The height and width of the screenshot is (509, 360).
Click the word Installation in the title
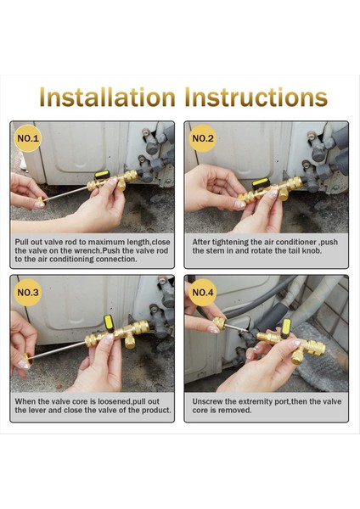click(x=107, y=97)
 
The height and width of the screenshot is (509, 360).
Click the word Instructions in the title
click(x=256, y=97)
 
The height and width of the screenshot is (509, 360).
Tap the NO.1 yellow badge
click(x=28, y=138)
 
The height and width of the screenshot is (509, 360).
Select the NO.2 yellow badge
click(x=203, y=138)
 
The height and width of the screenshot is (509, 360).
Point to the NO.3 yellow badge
click(x=28, y=292)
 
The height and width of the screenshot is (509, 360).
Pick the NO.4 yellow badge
click(x=203, y=292)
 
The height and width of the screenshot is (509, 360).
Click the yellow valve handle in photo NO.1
click(x=103, y=175)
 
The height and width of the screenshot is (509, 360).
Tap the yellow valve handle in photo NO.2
click(x=261, y=182)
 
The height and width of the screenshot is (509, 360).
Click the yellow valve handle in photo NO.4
click(x=286, y=327)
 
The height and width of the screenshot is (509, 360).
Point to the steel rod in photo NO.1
click(x=66, y=193)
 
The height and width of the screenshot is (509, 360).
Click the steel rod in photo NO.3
click(x=59, y=350)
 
